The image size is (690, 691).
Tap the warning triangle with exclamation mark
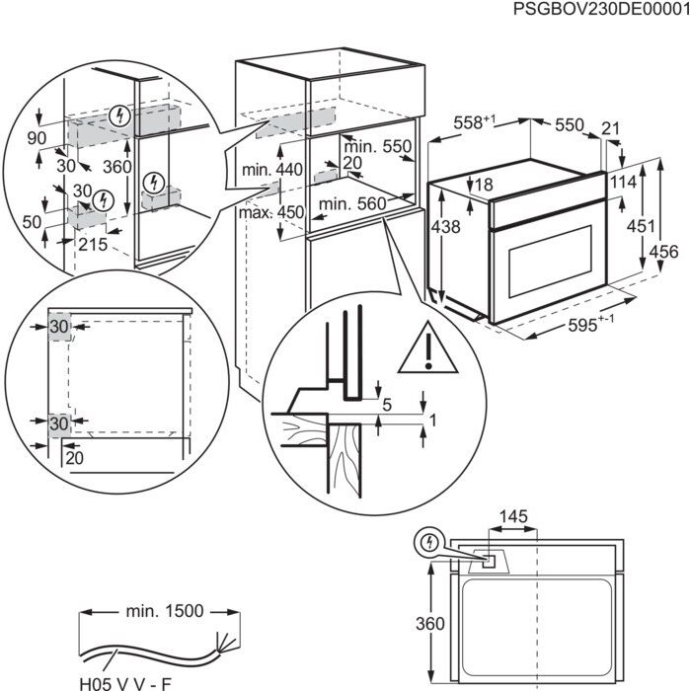(429, 348)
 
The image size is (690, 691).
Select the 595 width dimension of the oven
(592, 325)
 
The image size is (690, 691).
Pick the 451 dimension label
(642, 226)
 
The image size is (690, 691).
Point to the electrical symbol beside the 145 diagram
(429, 542)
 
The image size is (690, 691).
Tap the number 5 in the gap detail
(387, 404)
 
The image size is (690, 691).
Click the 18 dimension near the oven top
(484, 185)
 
